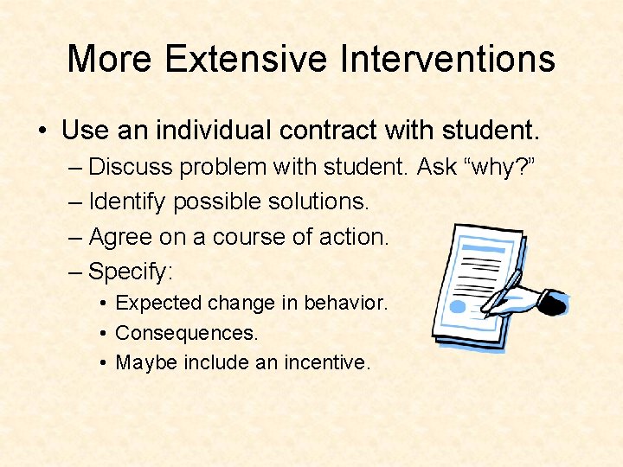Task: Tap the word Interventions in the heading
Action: tap(447, 59)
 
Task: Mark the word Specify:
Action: tap(132, 272)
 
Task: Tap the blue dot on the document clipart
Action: tap(459, 306)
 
